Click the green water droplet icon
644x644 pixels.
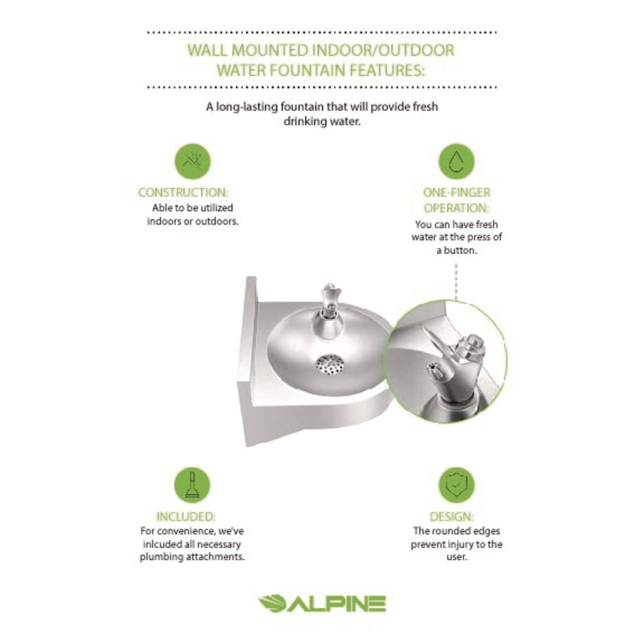point(456,161)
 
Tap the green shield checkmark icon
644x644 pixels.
point(456,484)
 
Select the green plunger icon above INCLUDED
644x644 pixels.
point(192,484)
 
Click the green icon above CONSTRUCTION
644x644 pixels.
point(192,161)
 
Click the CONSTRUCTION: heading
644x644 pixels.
point(183,193)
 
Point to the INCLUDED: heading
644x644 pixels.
point(185,517)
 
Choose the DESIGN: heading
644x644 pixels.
point(451,517)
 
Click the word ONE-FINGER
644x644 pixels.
point(456,193)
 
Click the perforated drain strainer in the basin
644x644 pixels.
point(328,363)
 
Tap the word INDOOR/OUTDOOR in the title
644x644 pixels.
point(382,50)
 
